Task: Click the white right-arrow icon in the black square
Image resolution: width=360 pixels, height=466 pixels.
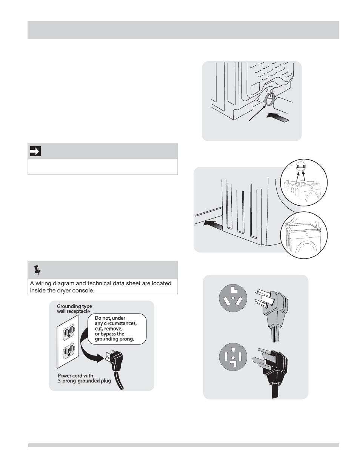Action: [x=35, y=151]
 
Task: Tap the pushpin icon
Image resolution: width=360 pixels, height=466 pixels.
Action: [x=37, y=270]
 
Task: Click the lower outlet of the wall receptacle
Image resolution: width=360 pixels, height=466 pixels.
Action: [x=69, y=350]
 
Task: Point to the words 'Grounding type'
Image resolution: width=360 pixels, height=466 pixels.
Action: [x=74, y=306]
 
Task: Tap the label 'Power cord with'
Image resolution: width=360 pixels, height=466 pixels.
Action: [x=75, y=375]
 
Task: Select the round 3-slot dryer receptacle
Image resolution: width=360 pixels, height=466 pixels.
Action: [x=233, y=298]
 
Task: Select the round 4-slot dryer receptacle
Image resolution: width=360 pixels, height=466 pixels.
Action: [x=233, y=357]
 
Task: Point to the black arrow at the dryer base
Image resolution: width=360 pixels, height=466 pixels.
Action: [x=214, y=225]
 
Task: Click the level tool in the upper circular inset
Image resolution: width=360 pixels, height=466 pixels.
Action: [x=300, y=166]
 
